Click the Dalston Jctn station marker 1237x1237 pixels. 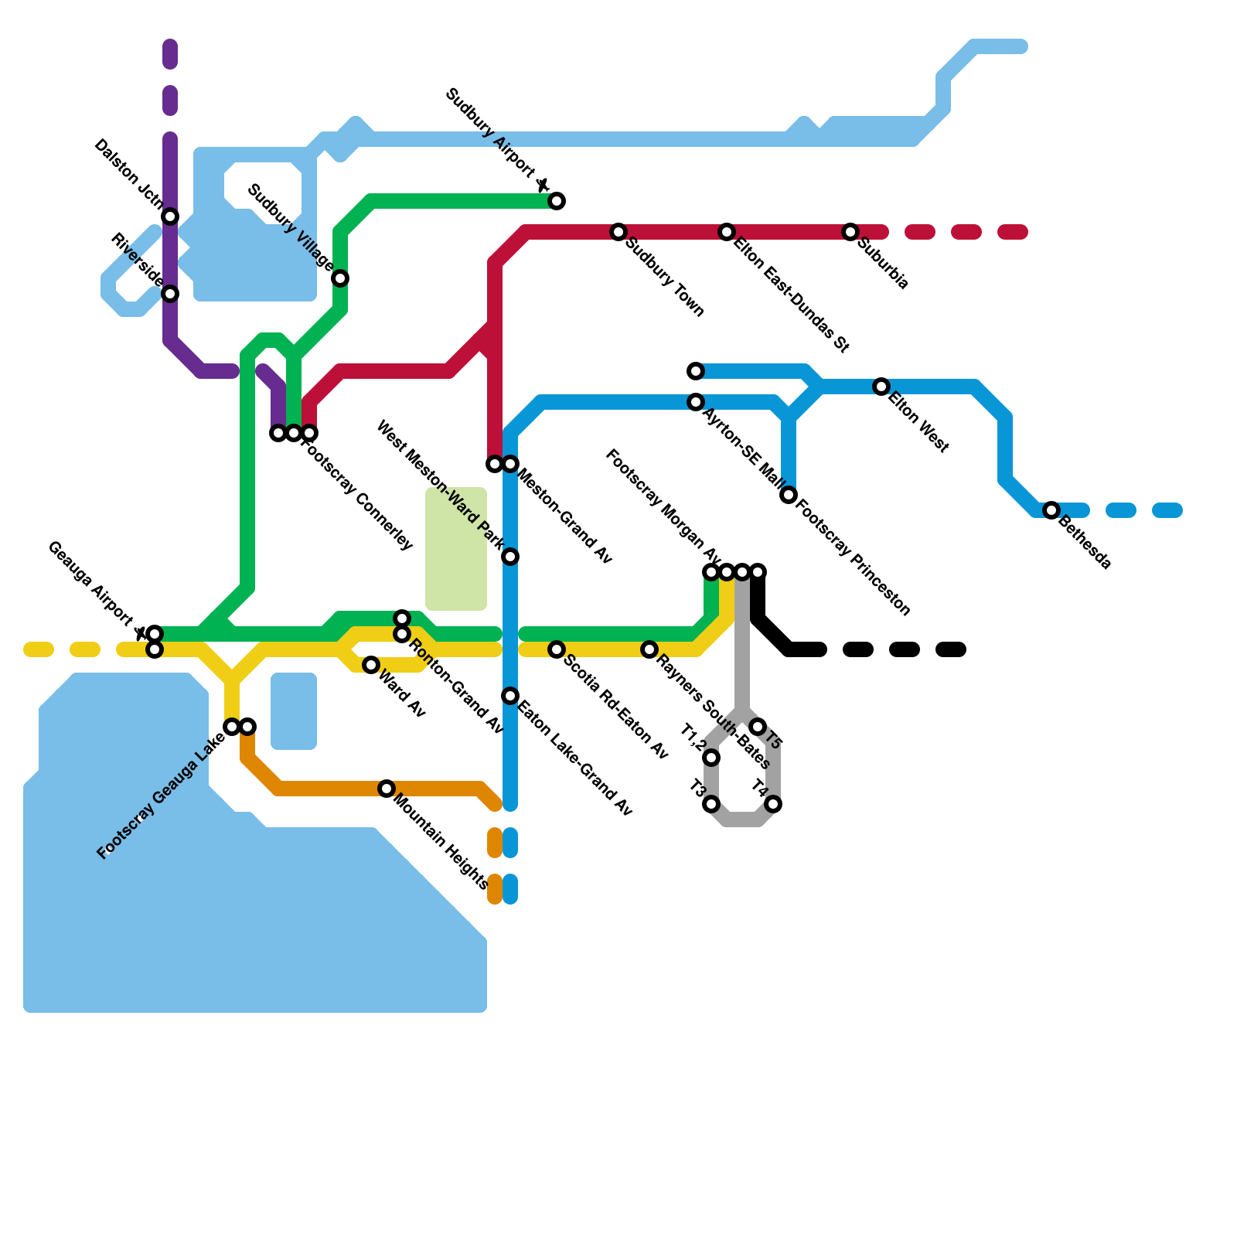[171, 216]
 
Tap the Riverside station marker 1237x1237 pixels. [171, 294]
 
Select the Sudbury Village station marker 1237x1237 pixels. [340, 278]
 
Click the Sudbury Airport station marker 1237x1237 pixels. [557, 202]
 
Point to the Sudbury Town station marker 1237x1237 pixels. [618, 232]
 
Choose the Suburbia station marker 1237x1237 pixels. [850, 232]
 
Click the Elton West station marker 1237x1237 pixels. [881, 387]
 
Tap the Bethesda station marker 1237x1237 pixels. [1051, 510]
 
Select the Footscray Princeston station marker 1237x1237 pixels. [789, 495]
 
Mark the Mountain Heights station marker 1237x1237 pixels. [387, 789]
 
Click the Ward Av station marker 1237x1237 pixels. [371, 665]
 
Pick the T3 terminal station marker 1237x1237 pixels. [712, 805]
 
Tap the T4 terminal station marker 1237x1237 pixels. [773, 805]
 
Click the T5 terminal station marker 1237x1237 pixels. [758, 727]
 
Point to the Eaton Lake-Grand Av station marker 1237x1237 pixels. [510, 696]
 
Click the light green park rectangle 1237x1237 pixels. [456, 549]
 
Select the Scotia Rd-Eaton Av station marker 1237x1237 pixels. [557, 649]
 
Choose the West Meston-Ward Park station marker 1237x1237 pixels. [510, 557]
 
